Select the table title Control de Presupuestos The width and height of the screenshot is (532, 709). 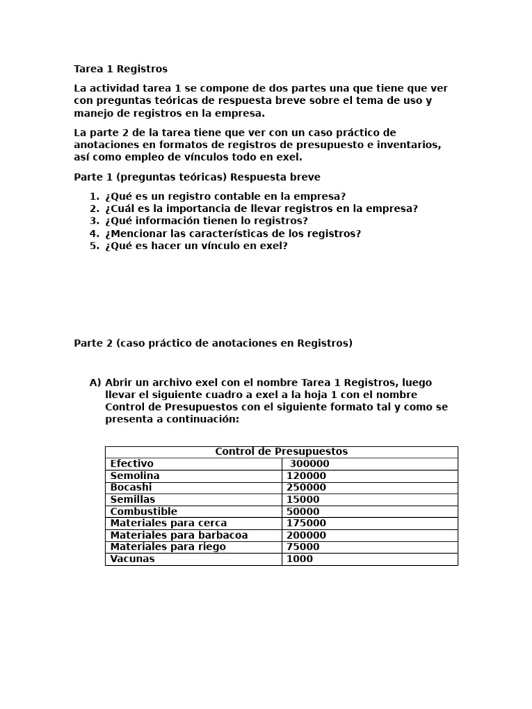point(281,451)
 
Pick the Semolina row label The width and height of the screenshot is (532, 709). point(135,476)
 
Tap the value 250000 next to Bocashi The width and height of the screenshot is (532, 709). point(306,487)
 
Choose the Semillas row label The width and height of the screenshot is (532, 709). point(132,499)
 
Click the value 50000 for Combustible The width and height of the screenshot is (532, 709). point(303,512)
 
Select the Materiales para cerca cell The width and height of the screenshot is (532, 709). point(168,523)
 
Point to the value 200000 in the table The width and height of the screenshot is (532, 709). point(306,535)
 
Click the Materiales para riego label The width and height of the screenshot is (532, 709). point(168,547)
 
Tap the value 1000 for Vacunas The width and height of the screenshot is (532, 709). point(299,559)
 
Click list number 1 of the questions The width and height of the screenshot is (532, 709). point(94,196)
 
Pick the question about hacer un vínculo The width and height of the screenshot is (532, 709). point(196,246)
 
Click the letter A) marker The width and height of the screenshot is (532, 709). point(96,383)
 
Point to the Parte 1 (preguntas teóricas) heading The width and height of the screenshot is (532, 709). point(197,177)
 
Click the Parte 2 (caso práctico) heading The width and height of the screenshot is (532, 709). point(213,343)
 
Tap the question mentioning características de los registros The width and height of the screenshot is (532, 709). point(233,233)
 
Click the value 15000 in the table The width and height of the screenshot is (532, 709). point(303,499)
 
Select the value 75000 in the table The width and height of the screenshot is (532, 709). point(303,547)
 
